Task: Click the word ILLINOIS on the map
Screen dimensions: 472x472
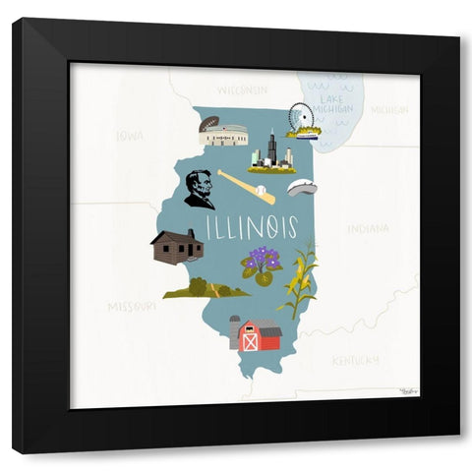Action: [x=252, y=227]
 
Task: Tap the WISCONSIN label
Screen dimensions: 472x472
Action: [x=242, y=89]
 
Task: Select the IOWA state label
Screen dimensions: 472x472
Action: [x=129, y=136]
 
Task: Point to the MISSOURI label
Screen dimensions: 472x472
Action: [x=132, y=307]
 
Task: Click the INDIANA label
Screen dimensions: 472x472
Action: [x=368, y=228]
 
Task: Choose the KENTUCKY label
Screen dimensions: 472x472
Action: [x=355, y=360]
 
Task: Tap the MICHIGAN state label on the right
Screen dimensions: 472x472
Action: [x=389, y=110]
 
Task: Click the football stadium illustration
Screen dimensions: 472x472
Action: [x=223, y=131]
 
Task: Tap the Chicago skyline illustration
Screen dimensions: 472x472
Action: [x=271, y=153]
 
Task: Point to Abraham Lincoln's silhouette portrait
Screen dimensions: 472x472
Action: [x=200, y=189]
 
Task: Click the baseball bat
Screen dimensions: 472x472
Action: [x=246, y=186]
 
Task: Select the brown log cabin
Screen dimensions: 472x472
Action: [x=177, y=247]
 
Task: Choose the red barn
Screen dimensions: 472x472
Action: [x=261, y=336]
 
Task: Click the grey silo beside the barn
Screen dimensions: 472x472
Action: [x=235, y=332]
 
